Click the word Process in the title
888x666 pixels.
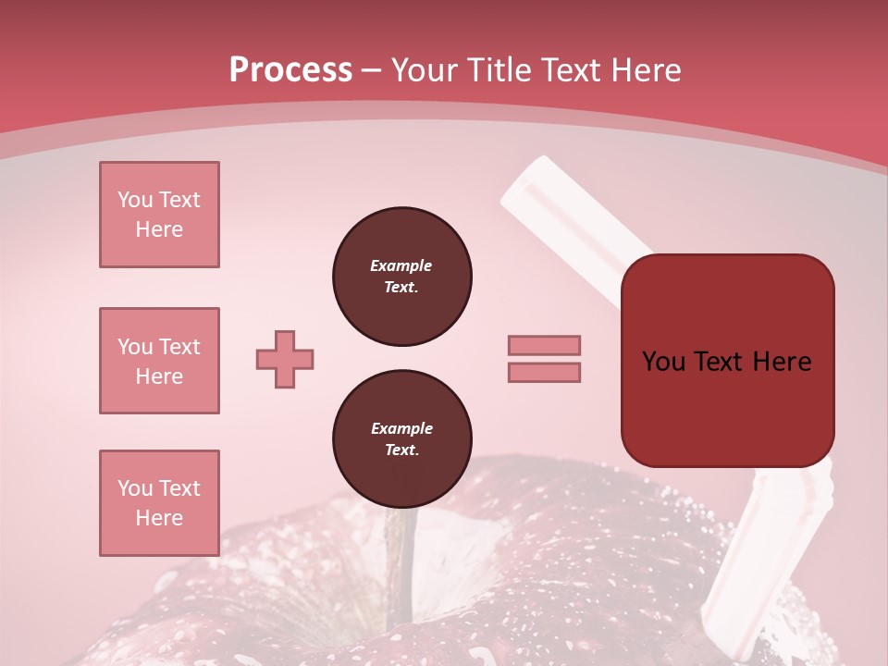(290, 70)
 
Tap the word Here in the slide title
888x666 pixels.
(644, 70)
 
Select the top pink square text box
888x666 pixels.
(159, 215)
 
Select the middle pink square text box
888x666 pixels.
(159, 361)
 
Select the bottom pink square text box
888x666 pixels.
(159, 503)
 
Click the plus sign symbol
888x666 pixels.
(285, 359)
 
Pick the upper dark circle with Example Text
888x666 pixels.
(401, 277)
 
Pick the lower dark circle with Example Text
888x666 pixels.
(401, 439)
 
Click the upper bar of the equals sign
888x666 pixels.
(544, 345)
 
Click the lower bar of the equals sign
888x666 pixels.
(544, 372)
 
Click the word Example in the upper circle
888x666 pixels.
(401, 265)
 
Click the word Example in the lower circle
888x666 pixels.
(401, 428)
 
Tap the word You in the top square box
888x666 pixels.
(135, 200)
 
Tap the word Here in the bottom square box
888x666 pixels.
(159, 518)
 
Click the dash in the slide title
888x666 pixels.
(372, 70)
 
